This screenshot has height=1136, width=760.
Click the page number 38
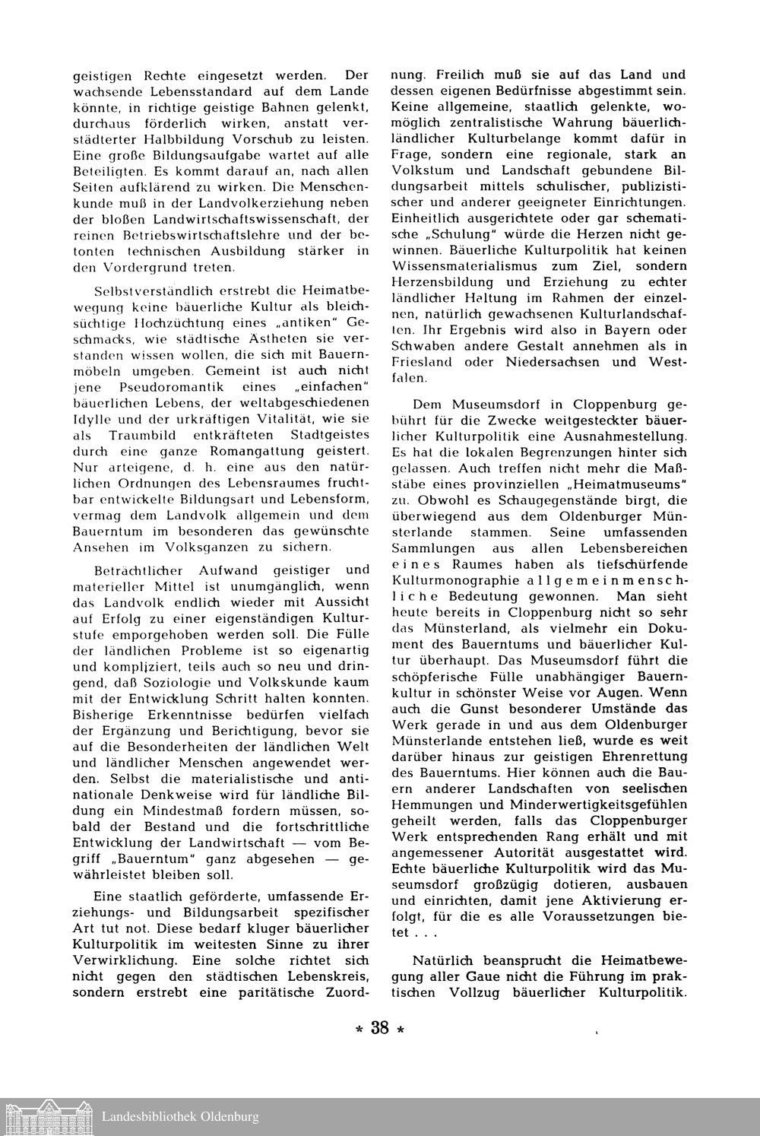point(379,1029)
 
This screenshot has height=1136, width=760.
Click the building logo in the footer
point(47,1116)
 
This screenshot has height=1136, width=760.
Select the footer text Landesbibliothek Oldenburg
point(180,1117)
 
